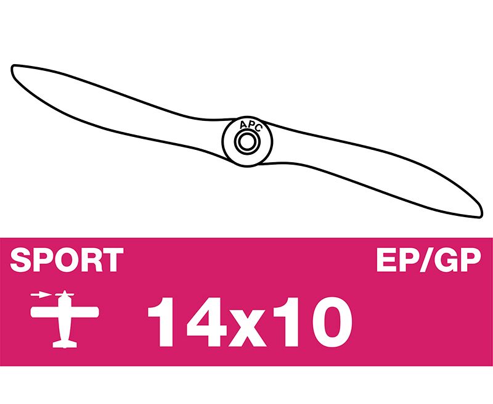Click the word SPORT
point(67,260)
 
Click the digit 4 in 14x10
point(206,321)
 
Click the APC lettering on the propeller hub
point(250,126)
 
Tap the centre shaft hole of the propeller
point(247,142)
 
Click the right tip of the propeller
point(481,215)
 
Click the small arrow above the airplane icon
point(41,295)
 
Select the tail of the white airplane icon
point(65,344)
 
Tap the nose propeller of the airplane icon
point(65,295)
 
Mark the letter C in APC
point(258,128)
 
